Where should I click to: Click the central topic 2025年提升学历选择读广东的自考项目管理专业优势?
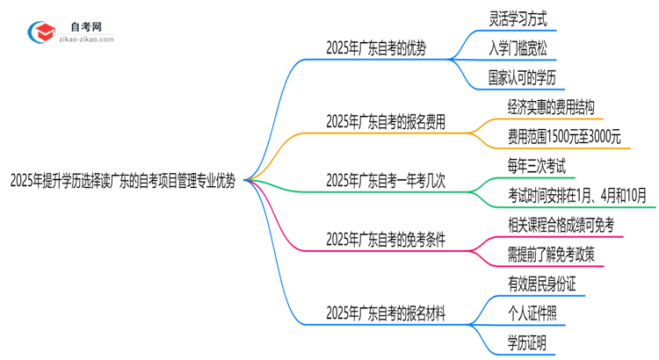pos(122,181)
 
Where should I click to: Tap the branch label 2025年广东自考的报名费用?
pos(385,122)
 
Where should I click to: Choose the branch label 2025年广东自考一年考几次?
pos(385,181)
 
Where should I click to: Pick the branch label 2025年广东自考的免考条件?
pos(385,239)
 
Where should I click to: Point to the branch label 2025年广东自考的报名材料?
pos(385,312)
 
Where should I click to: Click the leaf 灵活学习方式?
pos(524,18)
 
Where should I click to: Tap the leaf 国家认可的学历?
pos(530,77)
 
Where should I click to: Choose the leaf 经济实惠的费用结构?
pos(548,106)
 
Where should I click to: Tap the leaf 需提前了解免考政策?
pos(548,254)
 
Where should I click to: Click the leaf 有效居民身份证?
pos(542,283)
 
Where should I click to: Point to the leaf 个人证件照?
pos(530,312)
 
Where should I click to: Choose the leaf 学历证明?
pos(524,342)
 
